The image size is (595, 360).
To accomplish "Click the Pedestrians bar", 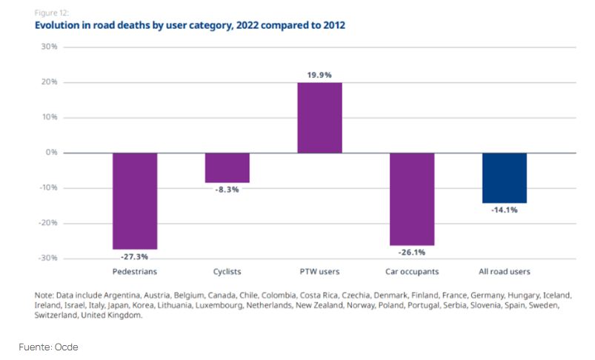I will pyautogui.click(x=135, y=201).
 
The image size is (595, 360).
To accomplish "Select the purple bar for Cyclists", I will pyautogui.click(x=227, y=167).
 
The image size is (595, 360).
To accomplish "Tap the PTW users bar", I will pyautogui.click(x=319, y=118).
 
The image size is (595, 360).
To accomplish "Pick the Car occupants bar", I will pyautogui.click(x=412, y=199).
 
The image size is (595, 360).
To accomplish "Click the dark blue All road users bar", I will pyautogui.click(x=505, y=178).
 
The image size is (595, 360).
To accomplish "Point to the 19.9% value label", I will pyautogui.click(x=319, y=75).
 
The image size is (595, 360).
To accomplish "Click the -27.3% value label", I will pyautogui.click(x=135, y=256).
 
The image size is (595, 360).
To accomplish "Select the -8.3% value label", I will pyautogui.click(x=227, y=190).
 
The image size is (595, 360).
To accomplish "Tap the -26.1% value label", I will pyautogui.click(x=412, y=253).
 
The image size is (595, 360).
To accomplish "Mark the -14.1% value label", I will pyautogui.click(x=505, y=210).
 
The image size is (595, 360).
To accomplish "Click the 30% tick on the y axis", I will pyautogui.click(x=49, y=47).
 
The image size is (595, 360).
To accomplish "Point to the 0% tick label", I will pyautogui.click(x=51, y=153).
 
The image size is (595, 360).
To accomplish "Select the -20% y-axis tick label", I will pyautogui.click(x=48, y=223).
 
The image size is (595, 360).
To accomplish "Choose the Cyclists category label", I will pyautogui.click(x=227, y=272).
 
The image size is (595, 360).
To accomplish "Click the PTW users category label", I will pyautogui.click(x=319, y=272).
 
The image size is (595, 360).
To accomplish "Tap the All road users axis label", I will pyautogui.click(x=505, y=272).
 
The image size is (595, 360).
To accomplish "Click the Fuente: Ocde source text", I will pyautogui.click(x=48, y=347).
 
